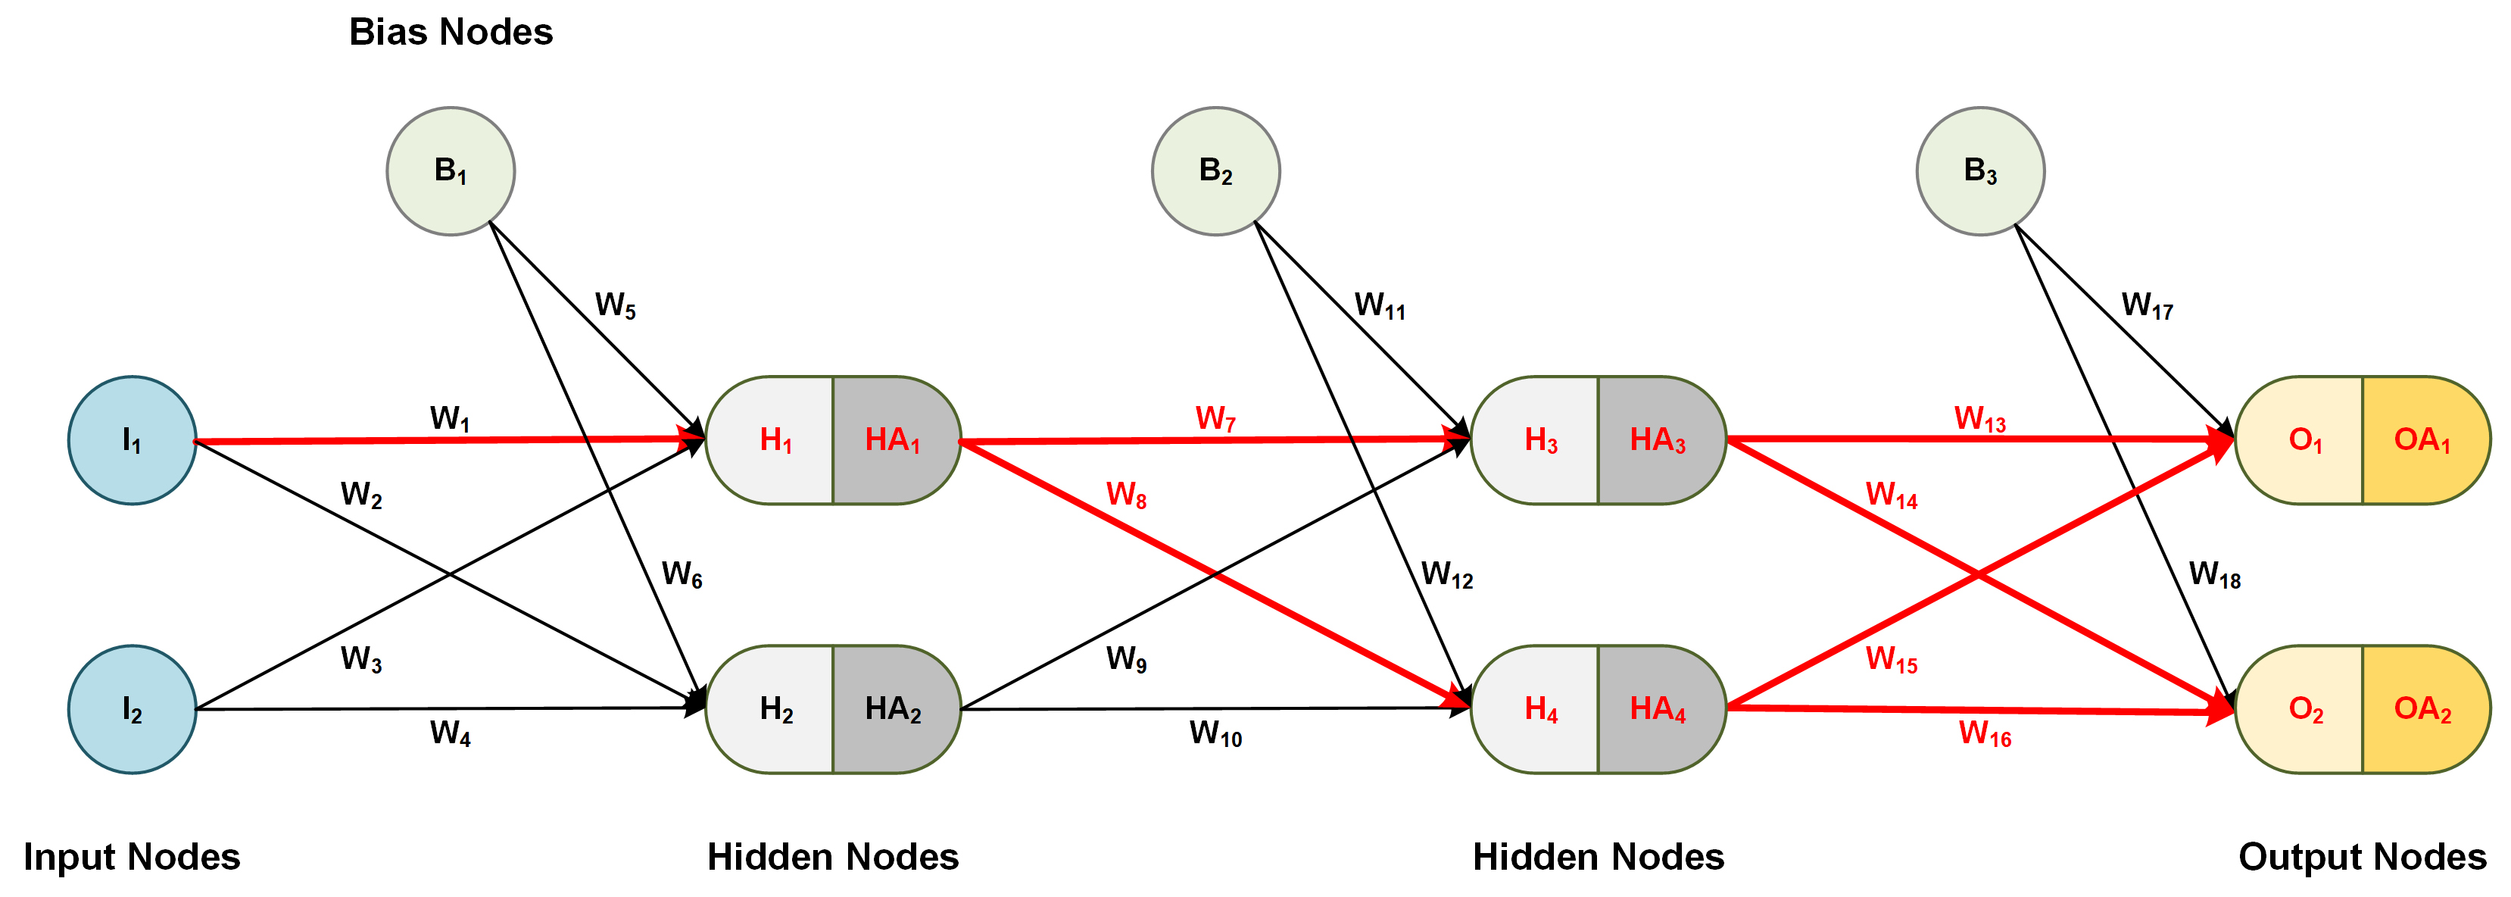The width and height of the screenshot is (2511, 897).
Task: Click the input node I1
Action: (132, 441)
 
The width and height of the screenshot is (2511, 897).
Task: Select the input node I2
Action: (132, 709)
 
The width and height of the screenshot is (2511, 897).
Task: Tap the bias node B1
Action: (451, 170)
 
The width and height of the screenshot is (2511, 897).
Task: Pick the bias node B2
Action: (1215, 170)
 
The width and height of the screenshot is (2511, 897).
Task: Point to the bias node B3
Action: (1979, 170)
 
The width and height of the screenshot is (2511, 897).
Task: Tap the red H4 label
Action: (1540, 709)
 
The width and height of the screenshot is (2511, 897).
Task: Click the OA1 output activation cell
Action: (2422, 441)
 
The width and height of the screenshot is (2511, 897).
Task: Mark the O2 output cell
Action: (2305, 709)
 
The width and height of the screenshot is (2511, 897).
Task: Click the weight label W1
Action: (451, 419)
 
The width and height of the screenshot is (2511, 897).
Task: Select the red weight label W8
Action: (1126, 495)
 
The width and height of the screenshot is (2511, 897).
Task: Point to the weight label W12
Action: (1446, 574)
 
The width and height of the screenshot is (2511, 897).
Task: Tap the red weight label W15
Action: (1891, 660)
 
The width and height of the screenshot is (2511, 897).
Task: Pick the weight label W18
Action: (2215, 574)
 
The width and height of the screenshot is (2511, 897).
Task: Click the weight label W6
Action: (682, 574)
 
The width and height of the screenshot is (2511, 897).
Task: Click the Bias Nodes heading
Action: (451, 32)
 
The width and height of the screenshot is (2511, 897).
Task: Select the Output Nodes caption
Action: (2362, 857)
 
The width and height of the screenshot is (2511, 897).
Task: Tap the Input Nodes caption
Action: (132, 857)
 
